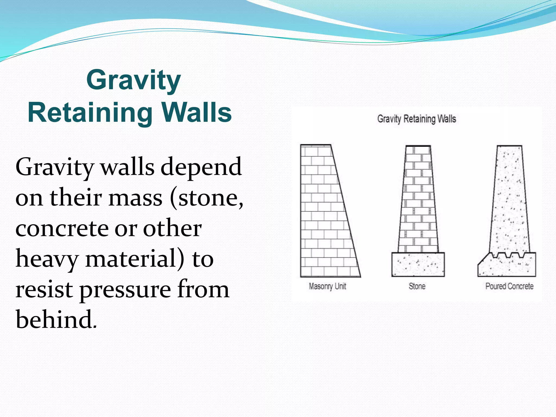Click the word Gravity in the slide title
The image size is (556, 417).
[x=134, y=80]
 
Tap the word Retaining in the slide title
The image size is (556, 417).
[x=90, y=113]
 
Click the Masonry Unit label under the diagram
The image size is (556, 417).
[x=327, y=286]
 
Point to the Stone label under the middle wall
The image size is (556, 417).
[x=417, y=286]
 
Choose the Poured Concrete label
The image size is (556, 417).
[x=509, y=286]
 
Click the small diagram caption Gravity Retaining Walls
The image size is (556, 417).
[x=417, y=119]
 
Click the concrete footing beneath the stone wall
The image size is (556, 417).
[x=418, y=264]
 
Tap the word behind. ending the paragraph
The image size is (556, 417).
[x=56, y=320]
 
